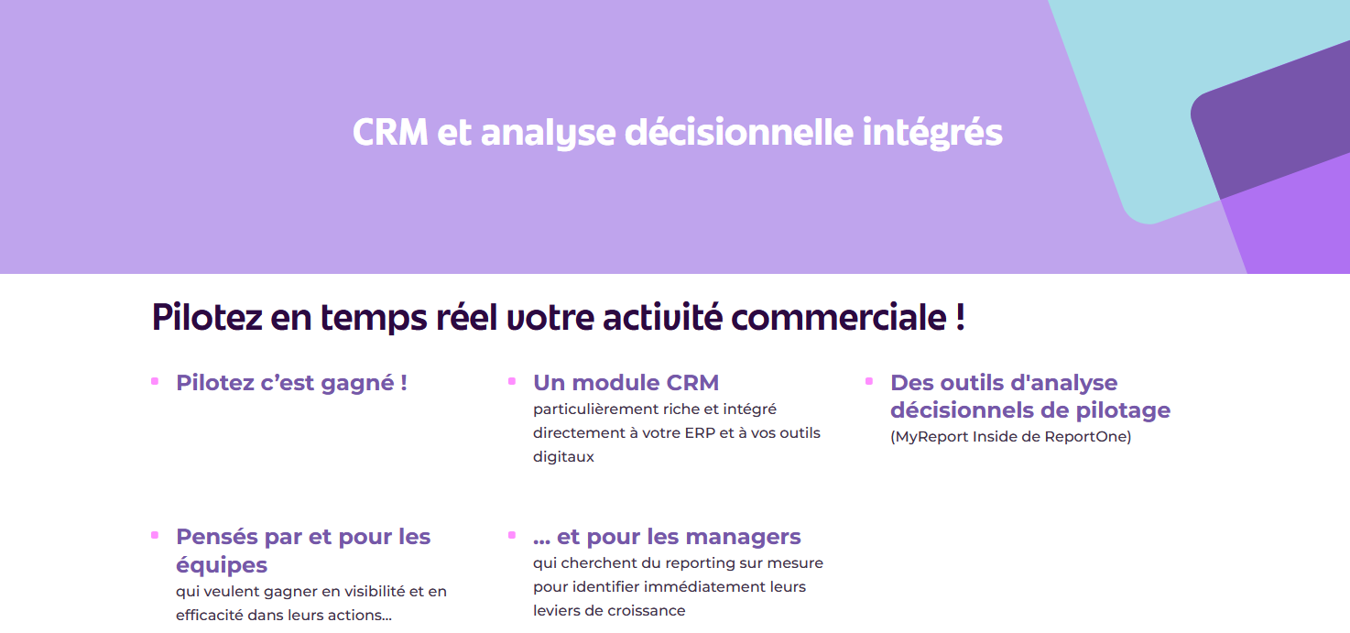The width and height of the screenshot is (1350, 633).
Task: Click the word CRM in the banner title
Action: [x=390, y=132]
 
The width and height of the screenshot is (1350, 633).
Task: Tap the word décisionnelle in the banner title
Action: [x=739, y=132]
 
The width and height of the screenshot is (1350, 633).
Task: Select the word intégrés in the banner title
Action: [x=932, y=133]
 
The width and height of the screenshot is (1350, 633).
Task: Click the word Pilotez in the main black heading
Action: [x=207, y=317]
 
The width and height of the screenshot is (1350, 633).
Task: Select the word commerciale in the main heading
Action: [x=839, y=318]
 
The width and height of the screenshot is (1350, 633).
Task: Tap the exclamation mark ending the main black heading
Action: [x=960, y=317]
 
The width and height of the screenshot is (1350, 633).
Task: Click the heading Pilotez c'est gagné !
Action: [x=291, y=383]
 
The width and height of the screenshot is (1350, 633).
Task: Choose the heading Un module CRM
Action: [x=626, y=383]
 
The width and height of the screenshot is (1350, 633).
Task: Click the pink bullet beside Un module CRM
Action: [x=512, y=381]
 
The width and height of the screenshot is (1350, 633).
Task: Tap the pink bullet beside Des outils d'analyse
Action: [x=869, y=381]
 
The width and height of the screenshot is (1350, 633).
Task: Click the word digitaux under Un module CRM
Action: [x=563, y=457]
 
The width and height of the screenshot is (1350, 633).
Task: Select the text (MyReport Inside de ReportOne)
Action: [x=1011, y=436]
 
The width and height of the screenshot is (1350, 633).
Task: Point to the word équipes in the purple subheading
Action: [x=222, y=565]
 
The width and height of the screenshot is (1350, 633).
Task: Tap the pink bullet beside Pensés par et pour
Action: [x=155, y=535]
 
